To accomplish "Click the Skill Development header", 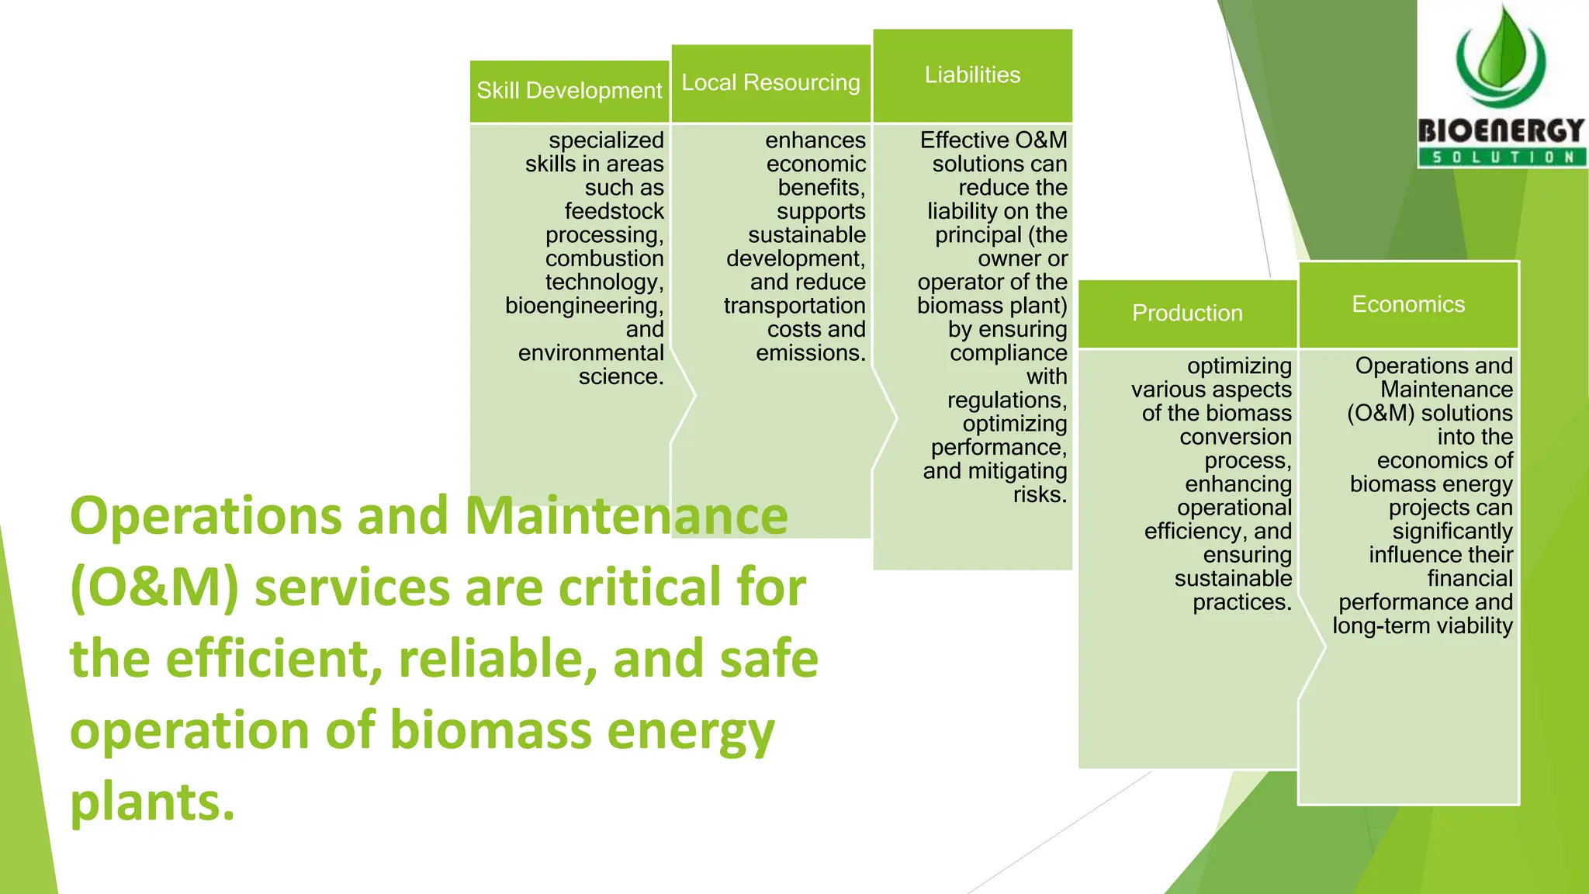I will pos(569,91).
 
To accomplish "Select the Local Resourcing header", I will pos(770,83).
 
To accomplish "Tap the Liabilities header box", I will pos(972,75).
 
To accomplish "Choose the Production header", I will pos(1187,314).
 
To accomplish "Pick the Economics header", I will pos(1408,304).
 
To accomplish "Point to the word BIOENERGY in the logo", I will pos(1501,130).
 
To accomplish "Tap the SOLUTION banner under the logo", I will pos(1502,158).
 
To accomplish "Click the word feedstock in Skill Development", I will pos(614,211).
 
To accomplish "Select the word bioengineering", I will pos(583,306).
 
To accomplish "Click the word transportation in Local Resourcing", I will pos(794,306).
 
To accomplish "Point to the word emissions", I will pos(811,353).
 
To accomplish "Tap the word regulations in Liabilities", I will pos(1006,400).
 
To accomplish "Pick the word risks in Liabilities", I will pos(1040,494).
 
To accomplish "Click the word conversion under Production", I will pos(1235,437).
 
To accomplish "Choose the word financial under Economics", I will pos(1470,578).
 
